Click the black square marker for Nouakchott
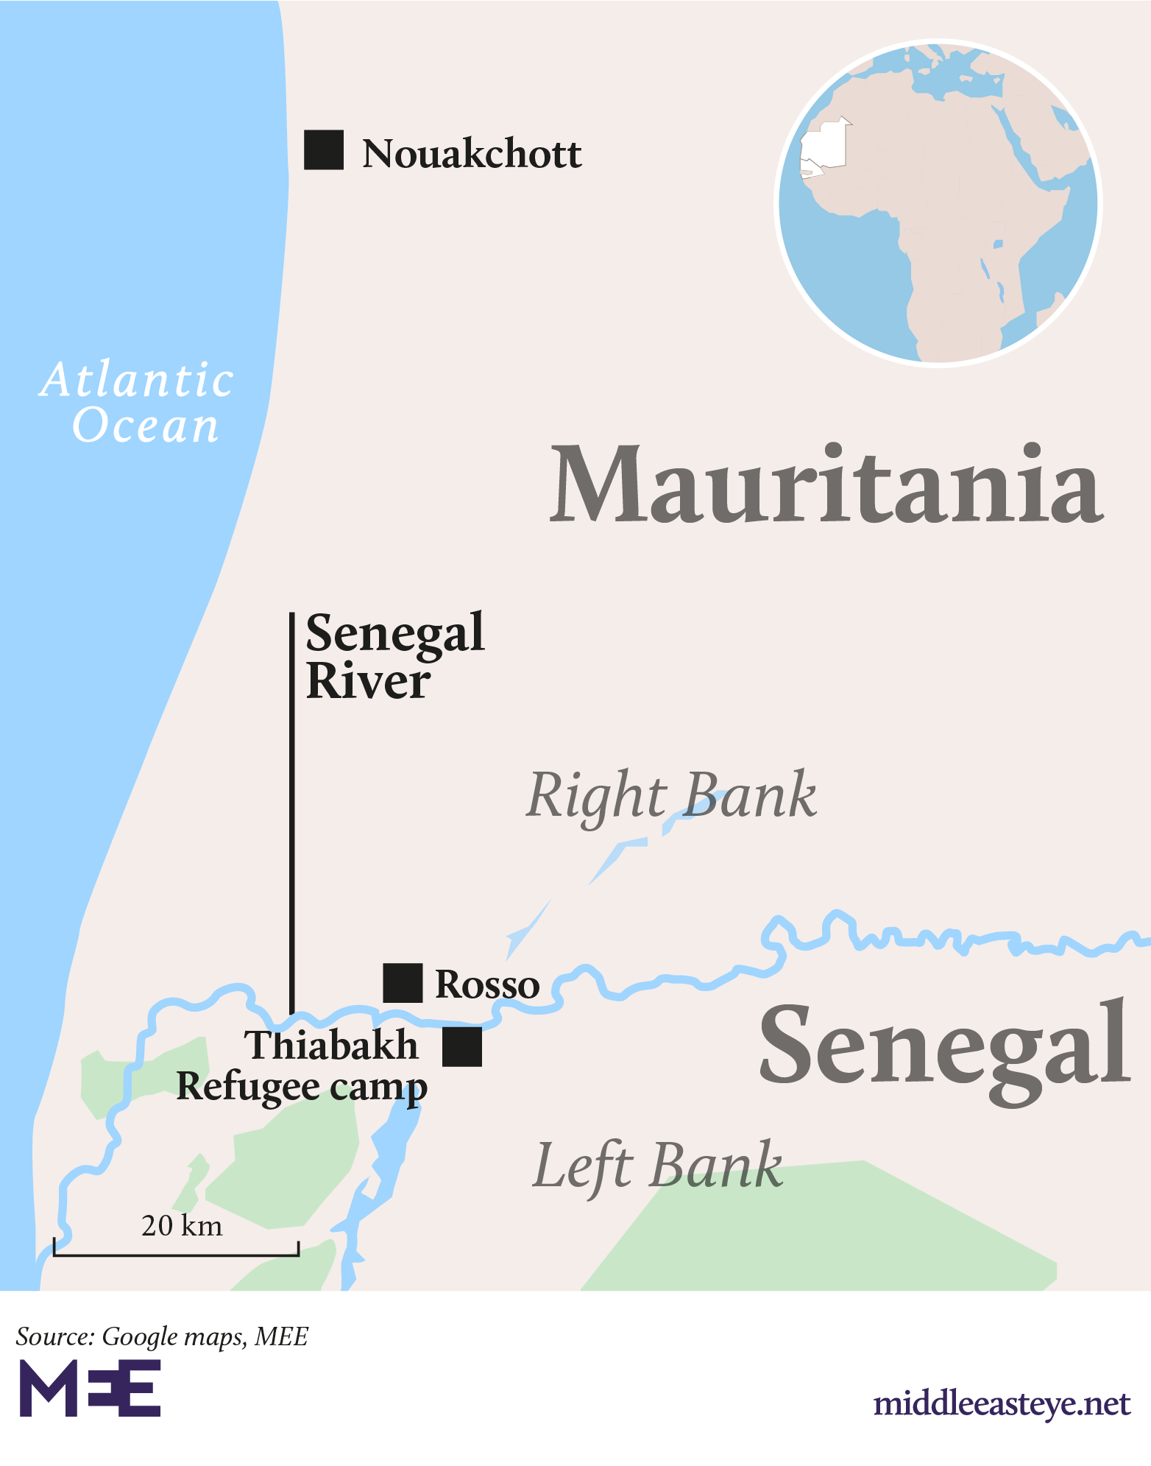pyautogui.click(x=324, y=150)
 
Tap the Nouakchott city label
pyautogui.click(x=471, y=154)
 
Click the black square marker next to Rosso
pyautogui.click(x=403, y=983)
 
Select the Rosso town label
pyautogui.click(x=487, y=984)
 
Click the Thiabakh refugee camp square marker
pyautogui.click(x=462, y=1046)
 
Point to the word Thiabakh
pyautogui.click(x=331, y=1046)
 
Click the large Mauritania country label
pyautogui.click(x=826, y=486)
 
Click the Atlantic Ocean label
pyautogui.click(x=138, y=403)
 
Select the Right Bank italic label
pyautogui.click(x=671, y=797)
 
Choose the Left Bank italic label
pyautogui.click(x=657, y=1166)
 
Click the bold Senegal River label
pyautogui.click(x=394, y=656)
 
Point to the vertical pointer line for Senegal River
pyautogui.click(x=292, y=810)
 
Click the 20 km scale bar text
pyautogui.click(x=182, y=1226)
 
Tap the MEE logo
pyautogui.click(x=90, y=1388)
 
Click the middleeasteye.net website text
pyautogui.click(x=1001, y=1403)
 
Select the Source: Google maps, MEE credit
pyautogui.click(x=162, y=1336)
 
